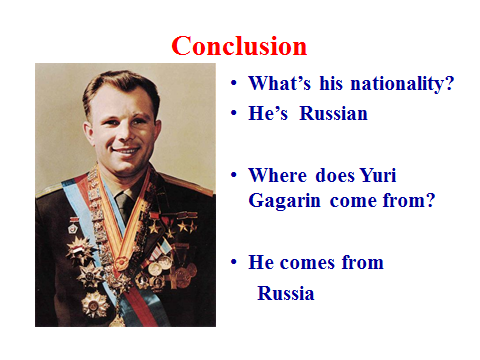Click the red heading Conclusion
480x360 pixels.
[239, 46]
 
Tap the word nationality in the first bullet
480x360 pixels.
[398, 83]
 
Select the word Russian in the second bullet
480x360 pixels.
[333, 113]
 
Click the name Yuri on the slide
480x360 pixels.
[378, 175]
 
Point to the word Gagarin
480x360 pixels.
[284, 201]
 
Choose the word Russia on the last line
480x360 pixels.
[286, 293]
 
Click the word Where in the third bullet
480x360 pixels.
[277, 175]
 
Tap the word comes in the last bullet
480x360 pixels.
[307, 263]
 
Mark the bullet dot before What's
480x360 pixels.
[234, 83]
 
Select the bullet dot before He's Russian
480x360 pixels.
[234, 113]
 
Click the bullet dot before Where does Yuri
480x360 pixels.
[234, 175]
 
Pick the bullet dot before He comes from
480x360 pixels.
[234, 262]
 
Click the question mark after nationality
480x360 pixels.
[450, 83]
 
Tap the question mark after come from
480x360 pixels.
[431, 201]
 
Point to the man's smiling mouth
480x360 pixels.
[126, 151]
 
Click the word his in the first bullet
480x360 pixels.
[331, 83]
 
